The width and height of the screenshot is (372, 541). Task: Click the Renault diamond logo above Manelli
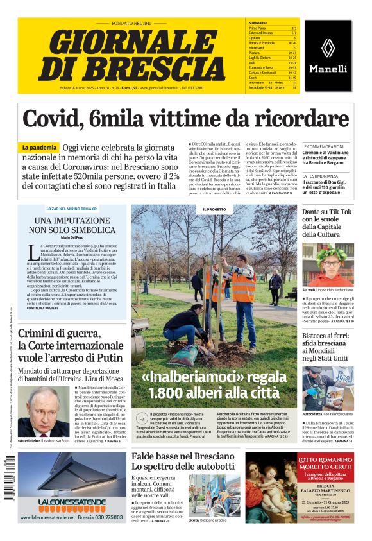[327, 47]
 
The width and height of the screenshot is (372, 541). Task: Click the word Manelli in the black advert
[328, 68]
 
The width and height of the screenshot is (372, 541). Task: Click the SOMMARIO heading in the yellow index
[258, 22]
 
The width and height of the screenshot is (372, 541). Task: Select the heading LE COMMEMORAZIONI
[325, 147]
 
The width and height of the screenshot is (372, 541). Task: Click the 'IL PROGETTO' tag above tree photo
[214, 209]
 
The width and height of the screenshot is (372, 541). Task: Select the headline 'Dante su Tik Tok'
[327, 212]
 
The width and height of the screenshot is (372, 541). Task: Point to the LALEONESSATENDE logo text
[72, 501]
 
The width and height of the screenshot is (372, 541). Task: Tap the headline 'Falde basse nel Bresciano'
[183, 456]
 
